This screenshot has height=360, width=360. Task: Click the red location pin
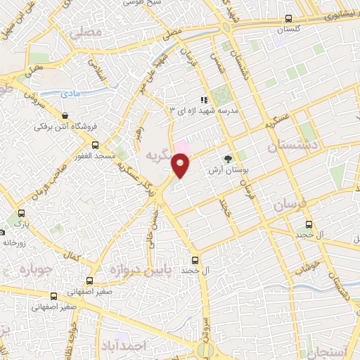click(181, 166)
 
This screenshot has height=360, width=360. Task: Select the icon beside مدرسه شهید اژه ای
click(202, 101)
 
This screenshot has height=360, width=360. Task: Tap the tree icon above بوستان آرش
click(227, 159)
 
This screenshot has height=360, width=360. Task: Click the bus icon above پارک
click(21, 213)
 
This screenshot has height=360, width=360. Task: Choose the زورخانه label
click(15, 241)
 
